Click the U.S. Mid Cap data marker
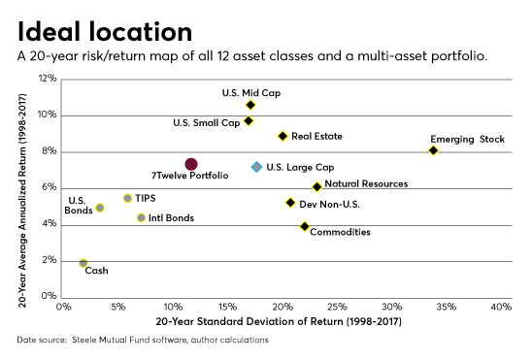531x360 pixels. click(250, 105)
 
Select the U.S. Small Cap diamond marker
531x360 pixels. click(249, 121)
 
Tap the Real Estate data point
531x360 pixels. click(282, 137)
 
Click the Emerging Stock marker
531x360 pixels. click(433, 150)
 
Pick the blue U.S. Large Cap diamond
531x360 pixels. click(256, 167)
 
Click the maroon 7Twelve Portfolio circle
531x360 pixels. click(191, 165)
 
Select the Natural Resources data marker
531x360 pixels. click(316, 187)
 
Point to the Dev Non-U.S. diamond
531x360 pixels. click(290, 203)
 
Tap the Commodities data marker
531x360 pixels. click(305, 227)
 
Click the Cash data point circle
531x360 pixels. click(83, 263)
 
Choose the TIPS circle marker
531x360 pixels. click(127, 198)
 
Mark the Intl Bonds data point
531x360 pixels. click(141, 218)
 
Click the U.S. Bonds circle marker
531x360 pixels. click(100, 208)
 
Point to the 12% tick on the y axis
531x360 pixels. click(47, 79)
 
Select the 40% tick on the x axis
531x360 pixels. click(501, 308)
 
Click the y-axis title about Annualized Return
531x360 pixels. click(22, 187)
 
